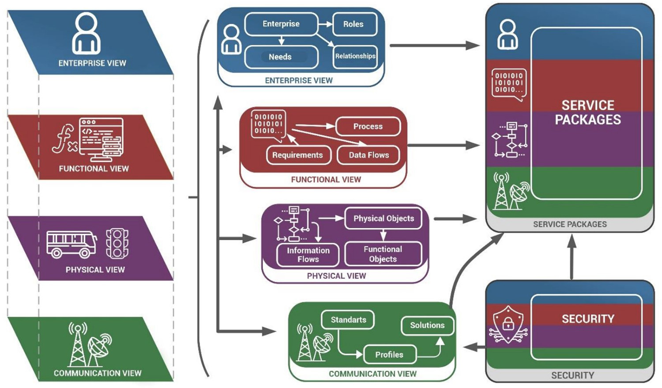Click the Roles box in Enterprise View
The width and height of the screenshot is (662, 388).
tap(354, 24)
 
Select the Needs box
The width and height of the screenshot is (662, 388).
tap(281, 57)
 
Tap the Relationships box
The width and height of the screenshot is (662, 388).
tap(355, 57)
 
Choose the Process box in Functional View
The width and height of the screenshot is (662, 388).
tap(368, 127)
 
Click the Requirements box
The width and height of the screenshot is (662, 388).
tap(298, 155)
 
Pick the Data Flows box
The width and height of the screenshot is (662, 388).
tap(369, 155)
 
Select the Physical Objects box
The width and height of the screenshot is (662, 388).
tap(384, 219)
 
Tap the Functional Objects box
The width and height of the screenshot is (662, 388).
tap(383, 254)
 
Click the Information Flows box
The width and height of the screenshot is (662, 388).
tap(308, 255)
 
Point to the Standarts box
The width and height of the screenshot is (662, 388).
tap(348, 320)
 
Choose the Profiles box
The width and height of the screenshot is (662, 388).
tap(389, 355)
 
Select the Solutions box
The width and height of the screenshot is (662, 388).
tap(427, 326)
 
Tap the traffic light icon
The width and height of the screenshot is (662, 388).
tap(117, 243)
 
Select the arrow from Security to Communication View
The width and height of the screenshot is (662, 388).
tap(475, 347)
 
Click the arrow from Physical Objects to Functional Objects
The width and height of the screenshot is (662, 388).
tap(383, 235)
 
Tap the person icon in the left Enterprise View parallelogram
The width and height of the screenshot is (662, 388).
tap(87, 34)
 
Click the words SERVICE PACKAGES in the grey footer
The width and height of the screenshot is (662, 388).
tap(570, 225)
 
